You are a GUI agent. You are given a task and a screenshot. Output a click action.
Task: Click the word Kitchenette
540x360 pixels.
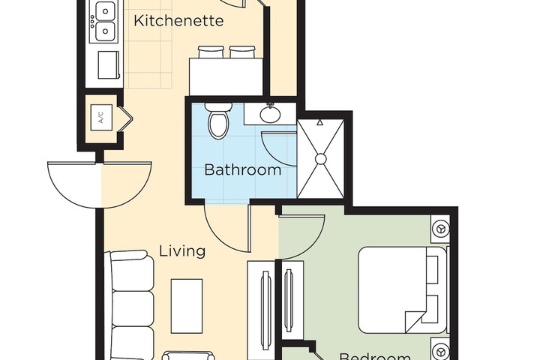point(178,21)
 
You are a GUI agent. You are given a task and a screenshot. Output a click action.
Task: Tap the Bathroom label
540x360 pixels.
point(243,169)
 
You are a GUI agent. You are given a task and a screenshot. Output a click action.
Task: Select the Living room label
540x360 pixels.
point(182,251)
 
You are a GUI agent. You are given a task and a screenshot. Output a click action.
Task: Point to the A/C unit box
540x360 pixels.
point(100,117)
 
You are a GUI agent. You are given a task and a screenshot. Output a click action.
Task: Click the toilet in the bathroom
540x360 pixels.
point(217,124)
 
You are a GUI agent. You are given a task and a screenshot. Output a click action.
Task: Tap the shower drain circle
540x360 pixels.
point(320,159)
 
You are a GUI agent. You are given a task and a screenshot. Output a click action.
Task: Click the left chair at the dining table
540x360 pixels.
point(211,52)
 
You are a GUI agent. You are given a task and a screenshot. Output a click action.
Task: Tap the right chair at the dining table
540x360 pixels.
point(241,52)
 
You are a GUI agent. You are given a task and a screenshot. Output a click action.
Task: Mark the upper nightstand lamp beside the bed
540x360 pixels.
point(439,227)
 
